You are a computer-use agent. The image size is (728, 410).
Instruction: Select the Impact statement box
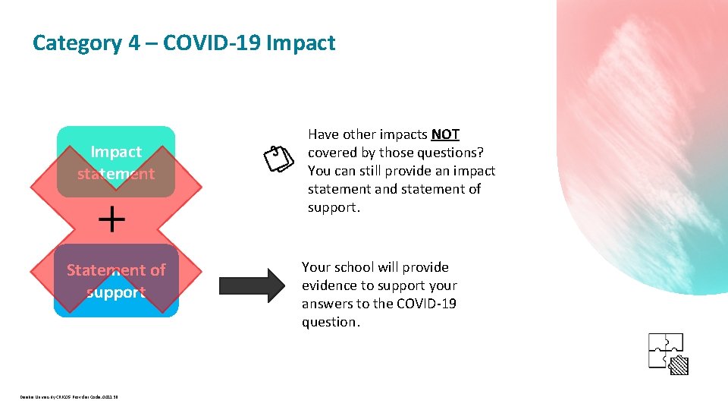116,162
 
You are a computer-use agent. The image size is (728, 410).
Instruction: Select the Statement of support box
116,281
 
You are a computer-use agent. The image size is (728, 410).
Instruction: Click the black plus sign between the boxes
112,220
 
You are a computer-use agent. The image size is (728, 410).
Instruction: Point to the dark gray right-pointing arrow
249,285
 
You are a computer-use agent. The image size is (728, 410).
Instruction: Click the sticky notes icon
278,158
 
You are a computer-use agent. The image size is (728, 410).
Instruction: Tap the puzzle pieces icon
667,352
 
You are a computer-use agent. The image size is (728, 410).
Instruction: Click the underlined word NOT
445,134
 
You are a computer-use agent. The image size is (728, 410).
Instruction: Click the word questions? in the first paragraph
449,153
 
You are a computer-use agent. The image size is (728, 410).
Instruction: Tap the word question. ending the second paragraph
330,322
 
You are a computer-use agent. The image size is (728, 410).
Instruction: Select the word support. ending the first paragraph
334,207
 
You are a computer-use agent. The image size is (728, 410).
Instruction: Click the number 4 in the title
133,43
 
